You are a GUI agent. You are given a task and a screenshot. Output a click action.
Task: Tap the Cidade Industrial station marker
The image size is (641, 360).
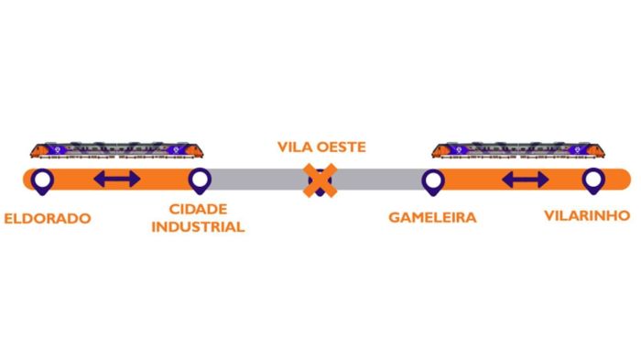point(200,180)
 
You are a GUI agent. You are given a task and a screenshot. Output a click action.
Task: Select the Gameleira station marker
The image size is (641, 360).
point(432,180)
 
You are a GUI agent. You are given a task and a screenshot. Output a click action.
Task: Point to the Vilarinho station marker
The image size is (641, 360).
point(593,180)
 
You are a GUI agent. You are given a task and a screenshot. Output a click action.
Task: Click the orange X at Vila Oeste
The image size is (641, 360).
point(320,180)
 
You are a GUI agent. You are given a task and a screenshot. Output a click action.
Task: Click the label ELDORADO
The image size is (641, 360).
point(47,220)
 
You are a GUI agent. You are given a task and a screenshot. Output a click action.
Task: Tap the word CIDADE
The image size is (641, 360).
point(200,211)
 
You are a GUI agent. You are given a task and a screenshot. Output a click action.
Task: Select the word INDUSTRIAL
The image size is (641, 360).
point(200,226)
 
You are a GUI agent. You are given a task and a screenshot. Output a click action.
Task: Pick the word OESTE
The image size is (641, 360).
point(342,147)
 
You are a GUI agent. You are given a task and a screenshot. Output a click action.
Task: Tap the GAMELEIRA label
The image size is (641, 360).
point(433,218)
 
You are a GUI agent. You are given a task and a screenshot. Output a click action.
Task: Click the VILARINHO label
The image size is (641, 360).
point(586,216)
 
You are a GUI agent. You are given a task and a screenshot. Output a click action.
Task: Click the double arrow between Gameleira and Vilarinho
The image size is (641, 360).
point(526,180)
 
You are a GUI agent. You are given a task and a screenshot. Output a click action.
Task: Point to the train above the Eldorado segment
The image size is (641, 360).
point(116,150)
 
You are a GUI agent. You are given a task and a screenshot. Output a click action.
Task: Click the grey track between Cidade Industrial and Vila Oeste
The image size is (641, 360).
point(256,180)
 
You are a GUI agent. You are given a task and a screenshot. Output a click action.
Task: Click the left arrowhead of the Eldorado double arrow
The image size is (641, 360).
point(99,180)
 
